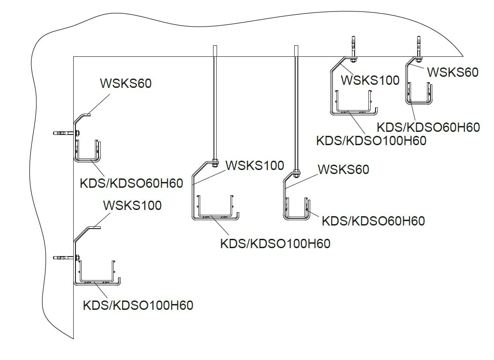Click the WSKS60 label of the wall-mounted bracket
pyautogui.click(x=126, y=83)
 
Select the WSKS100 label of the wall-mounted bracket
pyautogui.click(x=132, y=205)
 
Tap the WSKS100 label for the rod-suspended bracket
pyautogui.click(x=255, y=166)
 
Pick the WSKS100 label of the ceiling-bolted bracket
pyautogui.click(x=370, y=80)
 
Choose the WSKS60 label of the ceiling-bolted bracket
pyautogui.click(x=452, y=72)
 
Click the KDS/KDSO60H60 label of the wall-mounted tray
pyautogui.click(x=131, y=183)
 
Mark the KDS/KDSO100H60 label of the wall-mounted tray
pyautogui.click(x=138, y=305)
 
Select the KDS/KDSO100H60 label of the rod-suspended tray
pyautogui.click(x=275, y=244)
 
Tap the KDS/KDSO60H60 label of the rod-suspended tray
pyautogui.click(x=373, y=221)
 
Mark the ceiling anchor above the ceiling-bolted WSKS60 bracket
pyautogui.click(x=418, y=46)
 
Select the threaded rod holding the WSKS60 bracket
pyautogui.click(x=296, y=107)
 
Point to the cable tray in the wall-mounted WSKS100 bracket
pyautogui.click(x=97, y=272)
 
